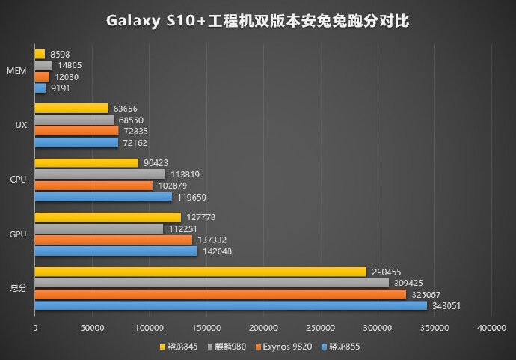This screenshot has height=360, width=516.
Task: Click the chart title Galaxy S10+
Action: (x=257, y=20)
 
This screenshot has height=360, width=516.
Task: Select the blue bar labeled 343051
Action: (x=230, y=305)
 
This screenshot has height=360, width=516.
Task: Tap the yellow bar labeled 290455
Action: (x=200, y=272)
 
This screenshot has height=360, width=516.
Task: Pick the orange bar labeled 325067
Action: (x=220, y=294)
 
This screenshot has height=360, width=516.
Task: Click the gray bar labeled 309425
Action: (x=212, y=283)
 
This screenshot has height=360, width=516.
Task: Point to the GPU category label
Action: (x=19, y=234)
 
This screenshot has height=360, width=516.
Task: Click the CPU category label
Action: (x=19, y=180)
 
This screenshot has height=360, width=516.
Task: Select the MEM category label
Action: (x=17, y=71)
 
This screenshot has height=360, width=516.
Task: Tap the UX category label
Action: (x=21, y=125)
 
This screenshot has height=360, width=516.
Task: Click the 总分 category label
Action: (x=19, y=289)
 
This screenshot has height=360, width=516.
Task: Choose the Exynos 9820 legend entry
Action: (x=284, y=347)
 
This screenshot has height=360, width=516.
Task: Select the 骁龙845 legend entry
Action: (x=179, y=347)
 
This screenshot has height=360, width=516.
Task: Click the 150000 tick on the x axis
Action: (x=206, y=328)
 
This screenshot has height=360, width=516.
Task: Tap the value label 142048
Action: (x=216, y=251)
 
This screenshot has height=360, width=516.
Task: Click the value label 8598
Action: (x=59, y=54)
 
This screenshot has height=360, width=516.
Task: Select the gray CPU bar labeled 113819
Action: (x=99, y=174)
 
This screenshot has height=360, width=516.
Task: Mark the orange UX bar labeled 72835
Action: (x=76, y=131)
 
